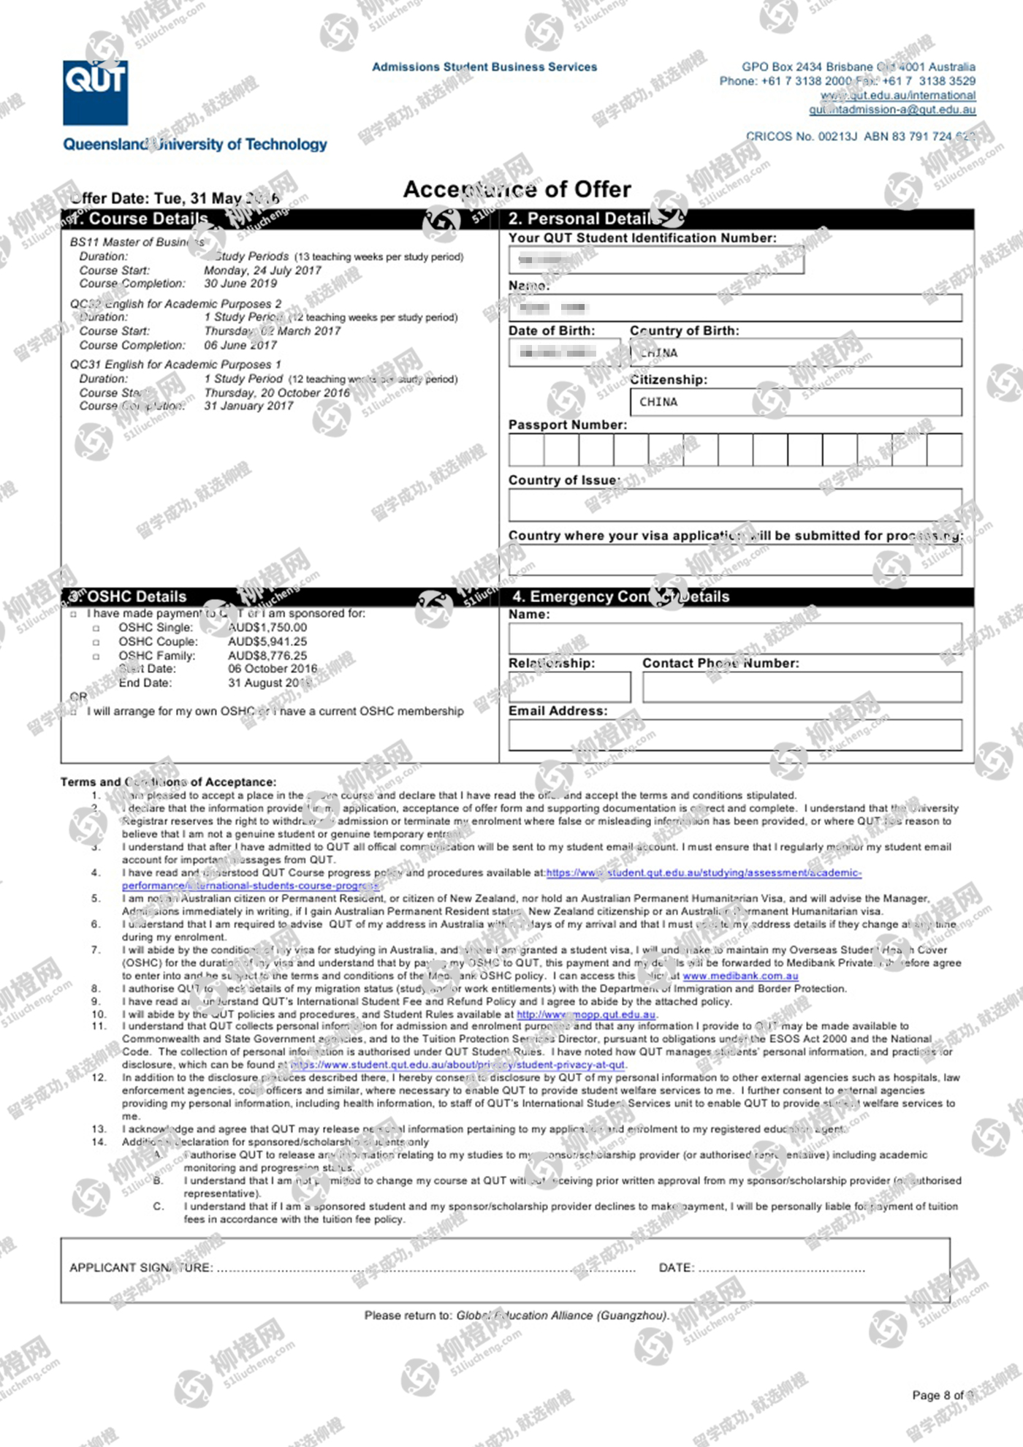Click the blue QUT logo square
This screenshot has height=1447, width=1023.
pos(95,93)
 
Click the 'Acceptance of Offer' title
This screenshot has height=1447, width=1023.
pos(517,189)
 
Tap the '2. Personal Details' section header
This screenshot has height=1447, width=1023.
pos(590,219)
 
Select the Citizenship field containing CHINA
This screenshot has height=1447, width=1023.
pos(795,402)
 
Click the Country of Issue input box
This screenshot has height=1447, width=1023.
pos(734,504)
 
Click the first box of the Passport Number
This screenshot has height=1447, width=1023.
pos(526,449)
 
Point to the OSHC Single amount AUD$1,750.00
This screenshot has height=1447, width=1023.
pos(267,627)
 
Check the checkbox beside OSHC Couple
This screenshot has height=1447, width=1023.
pos(96,642)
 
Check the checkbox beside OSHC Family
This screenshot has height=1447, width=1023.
pos(96,656)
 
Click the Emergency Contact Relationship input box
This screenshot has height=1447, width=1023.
pos(569,687)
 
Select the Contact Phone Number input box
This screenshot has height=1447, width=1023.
pos(802,687)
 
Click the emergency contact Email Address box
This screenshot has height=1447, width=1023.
pos(734,734)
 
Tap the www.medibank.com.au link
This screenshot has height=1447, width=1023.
pos(740,976)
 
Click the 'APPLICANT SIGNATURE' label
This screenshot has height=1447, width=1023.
pos(141,1267)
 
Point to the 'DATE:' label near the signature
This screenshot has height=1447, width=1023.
pos(676,1267)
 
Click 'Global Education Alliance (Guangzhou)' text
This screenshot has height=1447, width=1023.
pos(562,1315)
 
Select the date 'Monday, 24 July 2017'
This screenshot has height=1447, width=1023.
pos(262,270)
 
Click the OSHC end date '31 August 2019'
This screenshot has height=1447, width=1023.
pos(269,683)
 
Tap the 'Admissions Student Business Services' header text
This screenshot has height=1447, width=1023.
pos(484,67)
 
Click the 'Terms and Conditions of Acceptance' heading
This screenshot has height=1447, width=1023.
pos(168,782)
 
